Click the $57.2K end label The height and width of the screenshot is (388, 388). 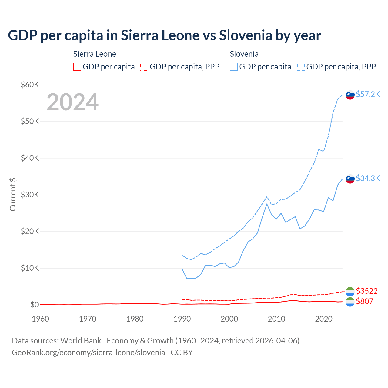(x=368, y=94)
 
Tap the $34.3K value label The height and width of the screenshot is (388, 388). (x=368, y=178)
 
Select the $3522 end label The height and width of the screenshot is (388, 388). (x=366, y=291)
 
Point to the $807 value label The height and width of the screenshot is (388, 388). (x=364, y=301)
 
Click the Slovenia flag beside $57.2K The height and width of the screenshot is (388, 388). (x=350, y=95)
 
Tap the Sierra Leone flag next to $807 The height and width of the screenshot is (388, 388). (x=350, y=302)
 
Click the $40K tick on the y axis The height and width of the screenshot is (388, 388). (x=30, y=158)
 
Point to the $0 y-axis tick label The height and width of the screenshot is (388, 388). (x=35, y=305)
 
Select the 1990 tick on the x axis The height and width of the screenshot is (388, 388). (x=182, y=319)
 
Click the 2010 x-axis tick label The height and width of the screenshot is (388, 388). (x=276, y=319)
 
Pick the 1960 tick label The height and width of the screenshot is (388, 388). (x=40, y=319)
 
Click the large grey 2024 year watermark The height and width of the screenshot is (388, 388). (x=72, y=102)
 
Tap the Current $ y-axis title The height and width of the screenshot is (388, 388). (x=13, y=195)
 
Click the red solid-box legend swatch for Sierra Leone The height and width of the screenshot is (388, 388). (x=77, y=67)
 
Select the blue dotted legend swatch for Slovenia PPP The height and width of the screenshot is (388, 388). (x=301, y=67)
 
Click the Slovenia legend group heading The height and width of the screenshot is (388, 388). (x=244, y=54)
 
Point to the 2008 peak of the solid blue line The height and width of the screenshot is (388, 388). (x=267, y=204)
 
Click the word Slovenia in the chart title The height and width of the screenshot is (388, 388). (x=246, y=35)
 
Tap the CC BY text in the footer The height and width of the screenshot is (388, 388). (x=182, y=353)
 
